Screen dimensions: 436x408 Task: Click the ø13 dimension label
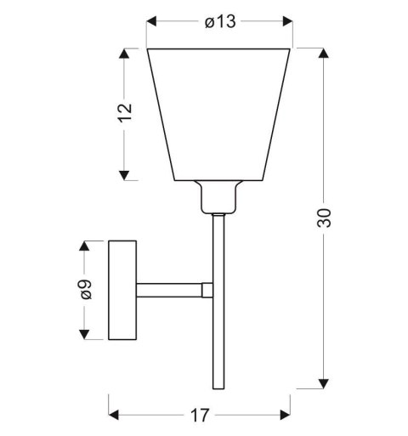click(220, 22)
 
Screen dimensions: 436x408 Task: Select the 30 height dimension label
click(324, 218)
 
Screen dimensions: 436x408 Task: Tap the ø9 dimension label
click(84, 291)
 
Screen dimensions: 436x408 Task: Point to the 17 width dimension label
click(201, 416)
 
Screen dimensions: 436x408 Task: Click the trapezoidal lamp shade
click(220, 115)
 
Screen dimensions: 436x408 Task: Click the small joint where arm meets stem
click(206, 290)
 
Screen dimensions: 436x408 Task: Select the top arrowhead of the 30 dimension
click(324, 54)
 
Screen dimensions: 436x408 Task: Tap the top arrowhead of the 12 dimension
click(125, 54)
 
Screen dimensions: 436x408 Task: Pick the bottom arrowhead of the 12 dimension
click(125, 175)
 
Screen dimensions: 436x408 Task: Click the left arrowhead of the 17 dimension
click(113, 416)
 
